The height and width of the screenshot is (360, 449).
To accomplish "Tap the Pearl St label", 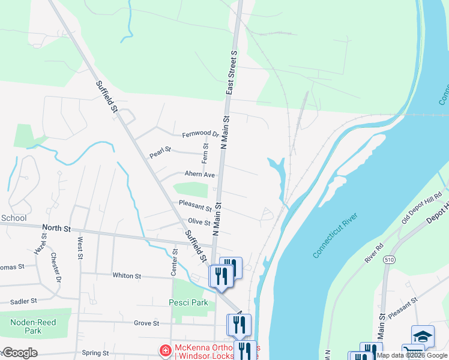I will point(160,152).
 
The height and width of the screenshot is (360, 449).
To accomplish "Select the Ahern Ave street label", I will point(200,175).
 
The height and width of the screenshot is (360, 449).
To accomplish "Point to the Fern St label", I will point(205,153).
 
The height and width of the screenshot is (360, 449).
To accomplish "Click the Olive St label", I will point(199,222).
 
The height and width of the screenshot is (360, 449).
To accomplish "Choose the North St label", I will point(56,229).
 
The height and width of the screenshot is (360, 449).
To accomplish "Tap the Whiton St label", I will point(126,276).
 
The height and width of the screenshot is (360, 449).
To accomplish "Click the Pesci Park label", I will point(188,303).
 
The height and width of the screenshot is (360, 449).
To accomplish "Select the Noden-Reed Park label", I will point(34,326).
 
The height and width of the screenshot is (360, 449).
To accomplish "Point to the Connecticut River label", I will point(335,236).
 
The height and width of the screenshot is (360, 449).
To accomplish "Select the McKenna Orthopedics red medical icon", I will point(164,349).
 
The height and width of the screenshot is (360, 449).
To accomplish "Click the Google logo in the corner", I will point(20,353).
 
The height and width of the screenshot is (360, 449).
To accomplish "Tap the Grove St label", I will point(146,323).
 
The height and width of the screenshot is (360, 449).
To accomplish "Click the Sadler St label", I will point(25,300).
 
